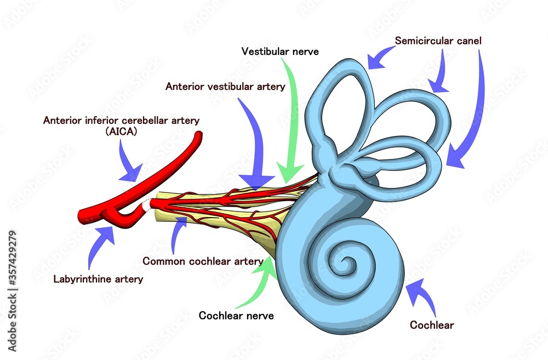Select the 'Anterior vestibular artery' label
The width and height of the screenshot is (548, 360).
[225, 87]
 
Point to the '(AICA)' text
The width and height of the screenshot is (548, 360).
[122, 132]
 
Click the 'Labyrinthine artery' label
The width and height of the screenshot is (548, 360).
[98, 279]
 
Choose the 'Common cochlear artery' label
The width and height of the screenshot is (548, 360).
[202, 261]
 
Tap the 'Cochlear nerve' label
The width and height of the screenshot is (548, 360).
[236, 315]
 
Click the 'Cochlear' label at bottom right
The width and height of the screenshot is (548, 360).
[432, 325]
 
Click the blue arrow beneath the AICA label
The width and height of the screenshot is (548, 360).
[130, 164]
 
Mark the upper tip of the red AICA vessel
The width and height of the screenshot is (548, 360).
[200, 135]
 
